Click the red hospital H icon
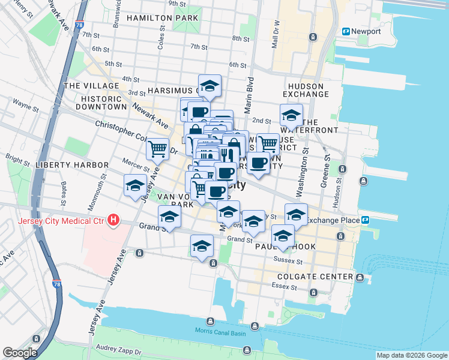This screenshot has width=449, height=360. pos(113,221)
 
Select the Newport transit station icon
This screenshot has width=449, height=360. pos(346,31)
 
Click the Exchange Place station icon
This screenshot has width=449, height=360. pos(365,220)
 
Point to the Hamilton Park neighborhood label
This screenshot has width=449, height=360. pos(162,19)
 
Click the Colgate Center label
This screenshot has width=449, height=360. pos(315,277)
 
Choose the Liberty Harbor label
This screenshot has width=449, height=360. pos(71,165)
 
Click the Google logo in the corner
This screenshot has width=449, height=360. pos(20,353)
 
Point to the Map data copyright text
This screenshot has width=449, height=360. pos(411,355)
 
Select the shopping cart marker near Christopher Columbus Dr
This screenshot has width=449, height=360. pos(157,148)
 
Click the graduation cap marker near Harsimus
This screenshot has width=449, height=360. pos(209,86)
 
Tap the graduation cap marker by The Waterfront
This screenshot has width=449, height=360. pos(291,115)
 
